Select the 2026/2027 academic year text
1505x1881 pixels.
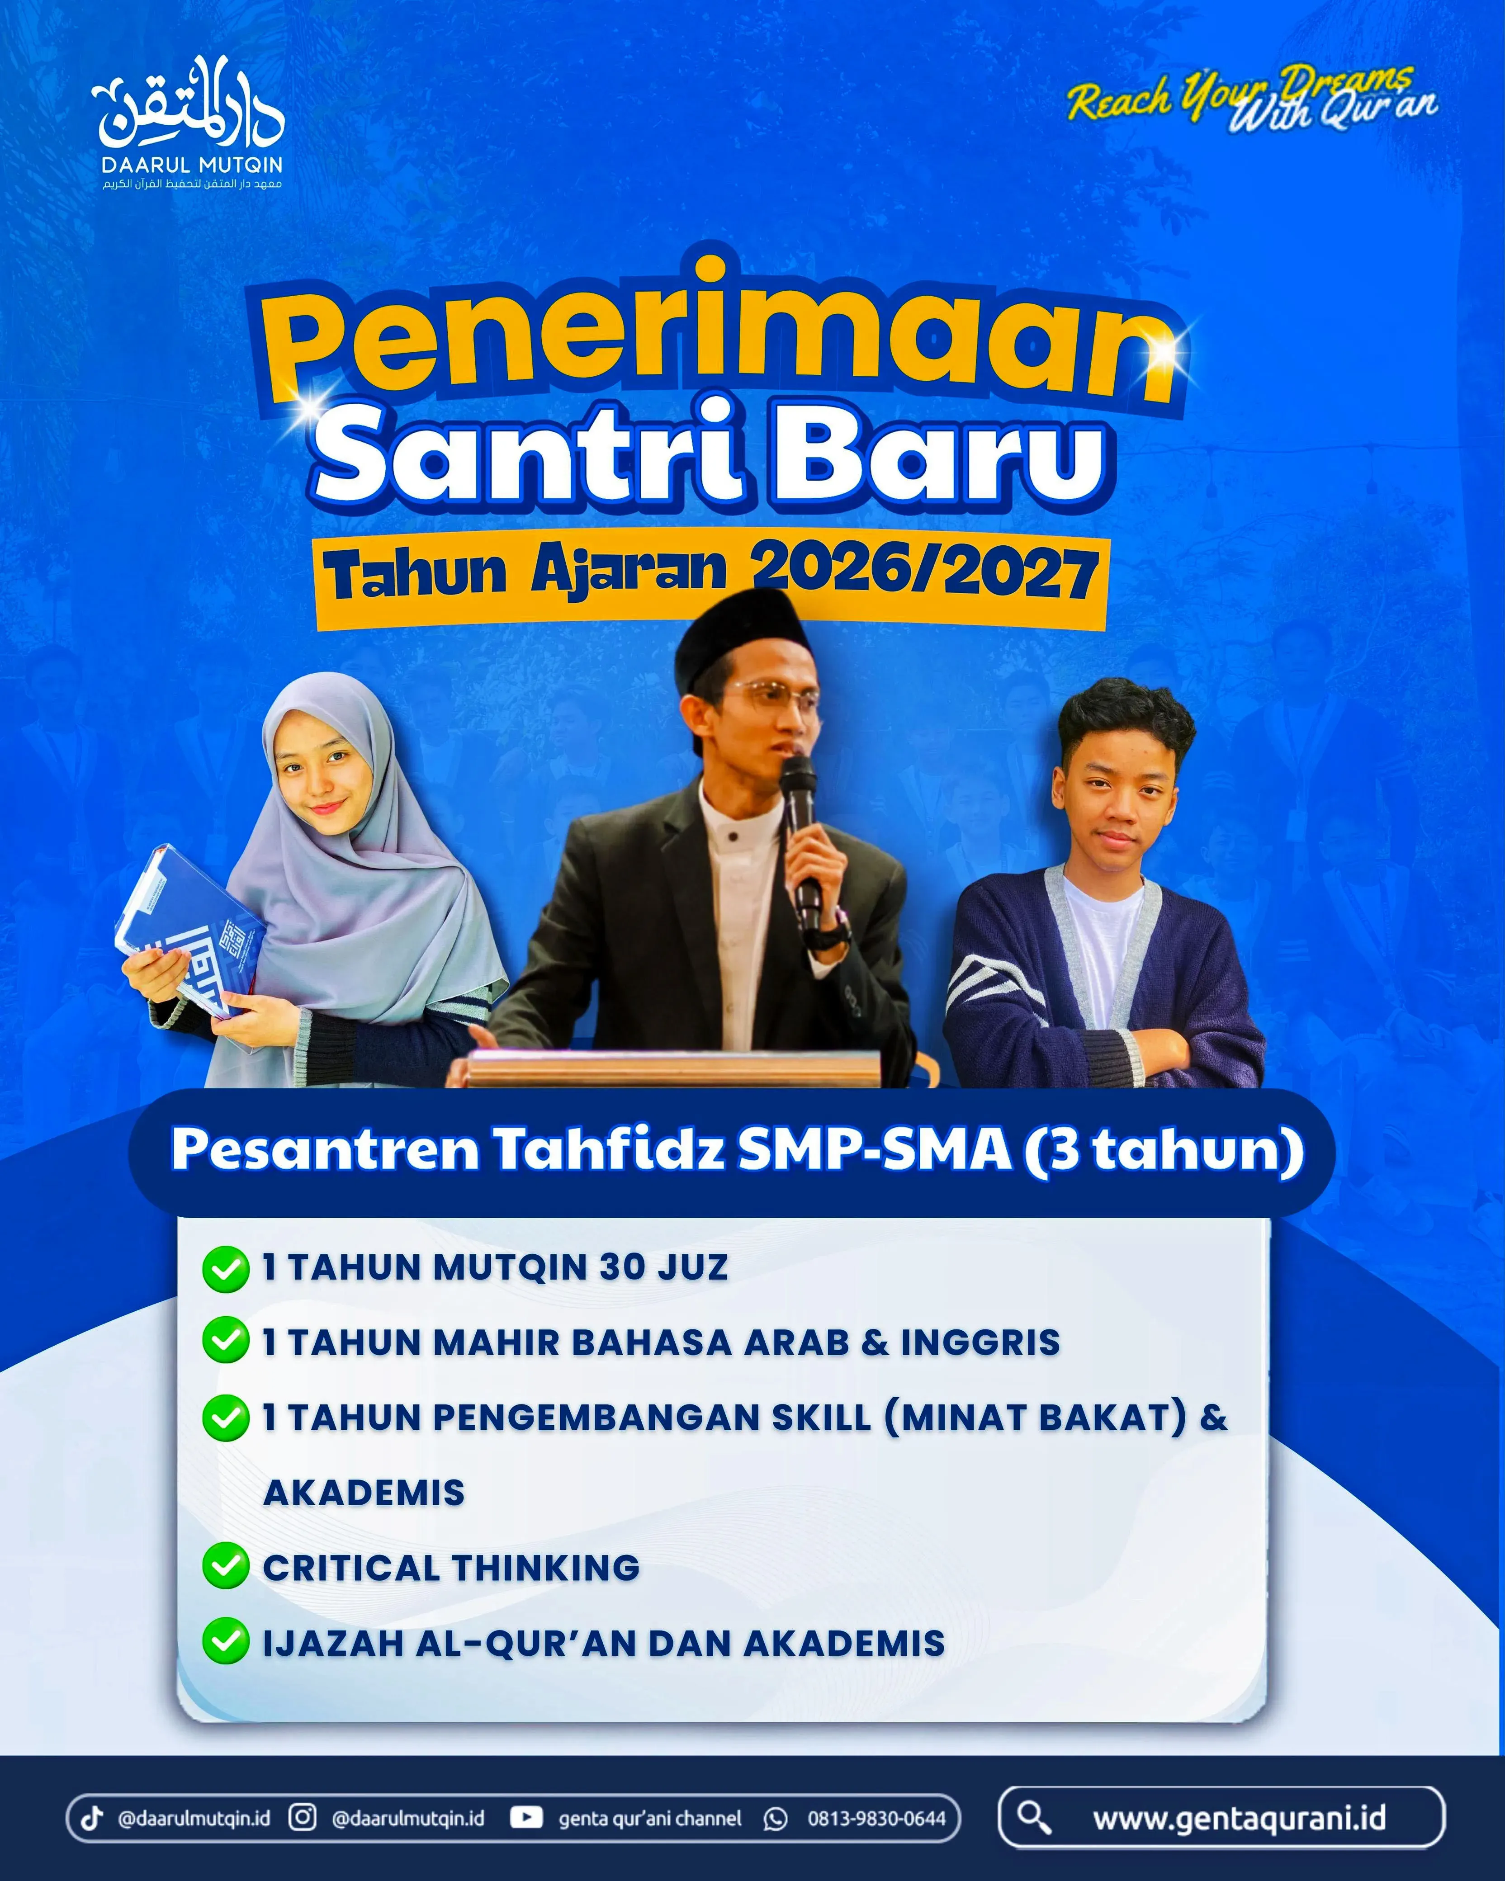923,573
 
